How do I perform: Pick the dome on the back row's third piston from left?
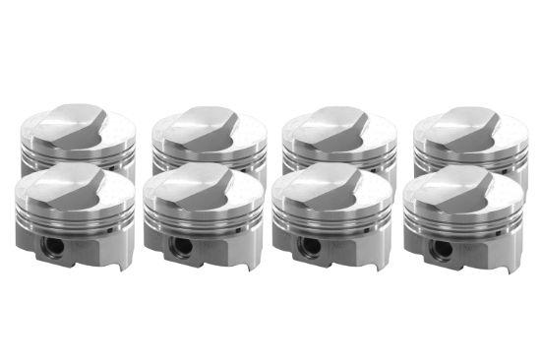click(x=337, y=120)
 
